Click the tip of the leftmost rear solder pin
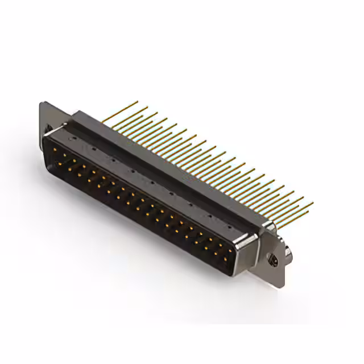pyautogui.click(x=138, y=102)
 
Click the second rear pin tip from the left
pyautogui.click(x=147, y=107)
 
